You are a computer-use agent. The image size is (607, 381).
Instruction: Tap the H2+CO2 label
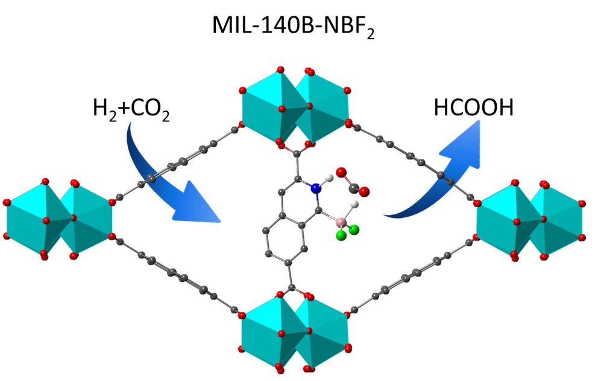point(131,109)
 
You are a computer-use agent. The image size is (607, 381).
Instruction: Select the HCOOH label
point(473,108)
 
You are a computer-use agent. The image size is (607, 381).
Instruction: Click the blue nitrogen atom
point(315,188)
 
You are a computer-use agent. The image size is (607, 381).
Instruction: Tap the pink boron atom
point(341,223)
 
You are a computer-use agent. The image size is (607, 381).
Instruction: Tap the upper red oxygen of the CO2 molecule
point(341,173)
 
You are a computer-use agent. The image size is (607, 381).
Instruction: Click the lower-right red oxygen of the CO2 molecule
point(364,192)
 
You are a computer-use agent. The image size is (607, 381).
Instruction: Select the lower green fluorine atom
point(341,237)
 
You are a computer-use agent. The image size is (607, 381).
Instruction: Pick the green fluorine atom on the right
point(354,229)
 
